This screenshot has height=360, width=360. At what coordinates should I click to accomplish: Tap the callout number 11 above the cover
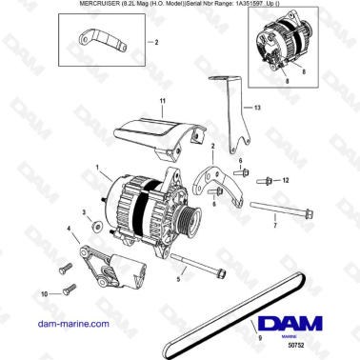click(162, 101)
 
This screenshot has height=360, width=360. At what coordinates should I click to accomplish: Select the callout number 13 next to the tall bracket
click(256, 110)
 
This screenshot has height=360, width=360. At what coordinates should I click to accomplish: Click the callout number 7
click(274, 227)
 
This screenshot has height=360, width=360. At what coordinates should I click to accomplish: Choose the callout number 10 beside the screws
click(42, 296)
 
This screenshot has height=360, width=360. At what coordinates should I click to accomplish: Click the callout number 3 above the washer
click(83, 212)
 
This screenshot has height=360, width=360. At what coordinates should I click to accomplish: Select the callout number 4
click(68, 230)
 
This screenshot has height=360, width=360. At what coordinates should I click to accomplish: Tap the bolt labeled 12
click(266, 179)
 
